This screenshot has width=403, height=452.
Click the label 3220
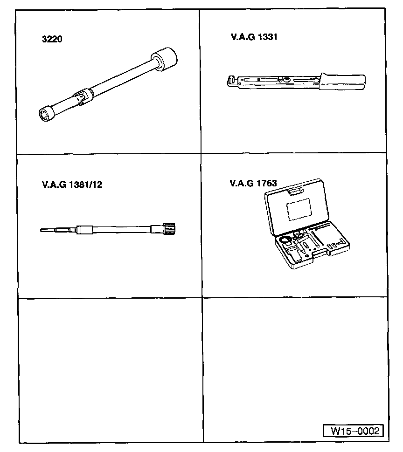coord(52,40)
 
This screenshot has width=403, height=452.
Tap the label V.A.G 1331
coord(254,36)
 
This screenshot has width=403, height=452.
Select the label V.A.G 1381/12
coord(72,184)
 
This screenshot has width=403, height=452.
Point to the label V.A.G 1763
coord(253,183)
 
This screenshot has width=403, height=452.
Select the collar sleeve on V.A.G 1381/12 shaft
coord(85,229)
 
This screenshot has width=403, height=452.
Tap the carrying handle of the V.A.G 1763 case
coord(296,190)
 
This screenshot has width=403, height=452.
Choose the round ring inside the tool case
coord(284,240)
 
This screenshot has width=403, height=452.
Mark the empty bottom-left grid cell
coord(110,368)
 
